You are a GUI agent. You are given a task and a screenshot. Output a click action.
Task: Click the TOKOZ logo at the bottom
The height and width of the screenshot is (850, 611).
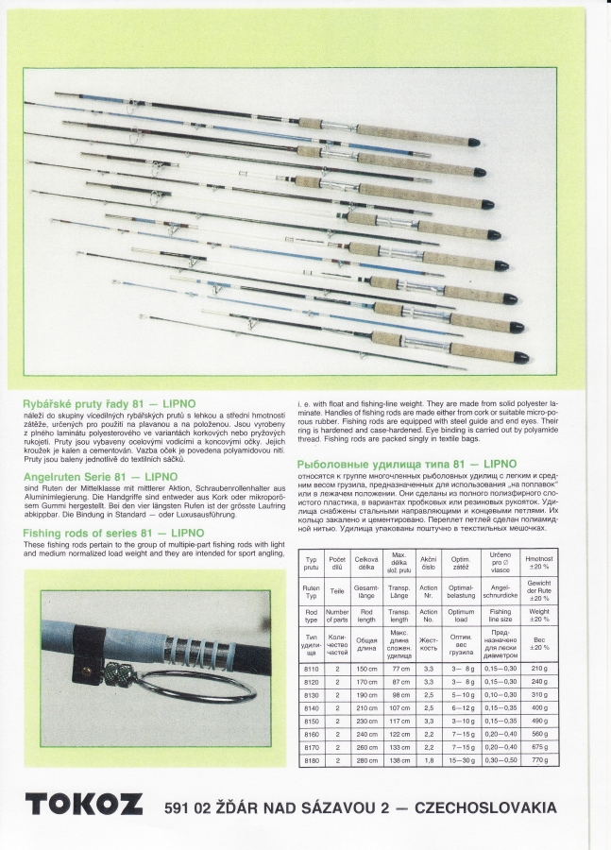pos(84,804)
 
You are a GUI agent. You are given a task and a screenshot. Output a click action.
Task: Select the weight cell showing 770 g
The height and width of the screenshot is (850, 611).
pos(539,759)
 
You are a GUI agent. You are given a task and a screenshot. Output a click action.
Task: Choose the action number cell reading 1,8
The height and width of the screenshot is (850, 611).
pos(429,759)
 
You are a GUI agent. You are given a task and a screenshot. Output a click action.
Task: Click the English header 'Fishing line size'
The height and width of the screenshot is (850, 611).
pos(501,616)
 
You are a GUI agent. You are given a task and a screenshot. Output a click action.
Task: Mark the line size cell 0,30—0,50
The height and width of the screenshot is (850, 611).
pos(501,759)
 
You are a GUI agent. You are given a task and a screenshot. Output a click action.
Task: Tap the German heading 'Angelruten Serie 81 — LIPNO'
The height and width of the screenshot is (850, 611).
pos(100,477)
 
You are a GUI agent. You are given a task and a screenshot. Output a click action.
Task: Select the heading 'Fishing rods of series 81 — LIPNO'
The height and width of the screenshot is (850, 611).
pos(113,534)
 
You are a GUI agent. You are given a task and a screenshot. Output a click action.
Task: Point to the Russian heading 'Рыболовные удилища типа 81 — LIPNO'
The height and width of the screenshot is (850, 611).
pos(407,465)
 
